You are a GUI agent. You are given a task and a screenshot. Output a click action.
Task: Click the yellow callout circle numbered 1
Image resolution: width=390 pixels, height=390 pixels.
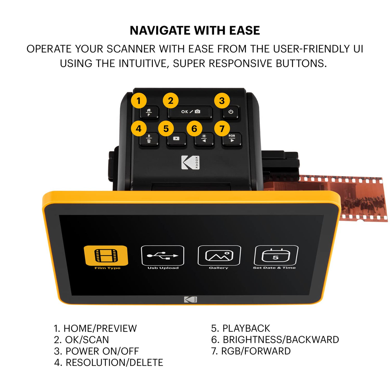point(139,101)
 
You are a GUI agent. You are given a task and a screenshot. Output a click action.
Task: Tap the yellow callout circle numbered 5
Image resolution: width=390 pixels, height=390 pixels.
point(166,129)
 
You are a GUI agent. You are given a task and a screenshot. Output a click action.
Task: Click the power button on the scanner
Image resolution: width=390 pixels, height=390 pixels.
point(231,112)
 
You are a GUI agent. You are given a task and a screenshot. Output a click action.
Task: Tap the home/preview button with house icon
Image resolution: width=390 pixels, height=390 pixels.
point(149,112)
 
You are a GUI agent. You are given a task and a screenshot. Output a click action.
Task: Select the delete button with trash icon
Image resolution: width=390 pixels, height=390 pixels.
point(149,139)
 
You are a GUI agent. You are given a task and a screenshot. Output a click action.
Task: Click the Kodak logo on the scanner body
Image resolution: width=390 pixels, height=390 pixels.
point(190,162)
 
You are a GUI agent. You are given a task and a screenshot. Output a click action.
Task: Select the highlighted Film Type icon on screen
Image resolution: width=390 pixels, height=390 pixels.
point(106,256)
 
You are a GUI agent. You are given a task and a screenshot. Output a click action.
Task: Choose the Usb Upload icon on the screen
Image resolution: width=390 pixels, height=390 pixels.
point(163,255)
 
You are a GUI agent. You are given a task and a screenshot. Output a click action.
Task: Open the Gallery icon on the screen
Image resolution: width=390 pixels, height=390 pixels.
point(219,255)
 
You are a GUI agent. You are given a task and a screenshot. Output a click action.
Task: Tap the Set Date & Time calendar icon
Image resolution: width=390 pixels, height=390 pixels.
point(276,255)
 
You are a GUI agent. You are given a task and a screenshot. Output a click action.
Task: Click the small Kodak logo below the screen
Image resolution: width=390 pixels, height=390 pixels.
point(190,300)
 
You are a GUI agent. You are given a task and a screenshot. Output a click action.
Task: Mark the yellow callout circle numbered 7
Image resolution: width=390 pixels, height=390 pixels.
point(222,129)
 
